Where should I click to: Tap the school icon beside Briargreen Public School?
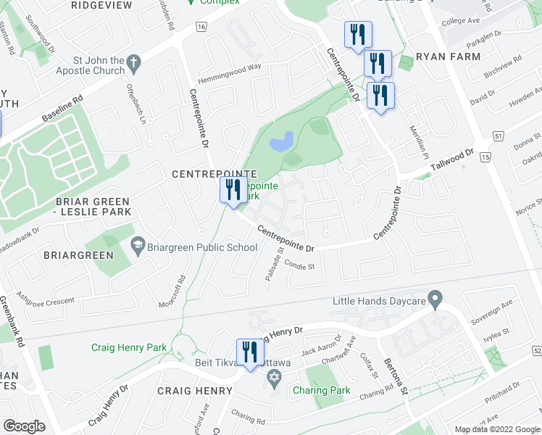point(136,247)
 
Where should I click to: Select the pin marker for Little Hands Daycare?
point(435,298)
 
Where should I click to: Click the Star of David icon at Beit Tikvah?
point(273,377)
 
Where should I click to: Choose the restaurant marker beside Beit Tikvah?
point(249,353)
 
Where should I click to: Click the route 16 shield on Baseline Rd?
point(201,26)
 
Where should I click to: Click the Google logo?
point(24,426)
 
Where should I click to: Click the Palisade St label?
point(272,268)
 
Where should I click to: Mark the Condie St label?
point(299,266)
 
